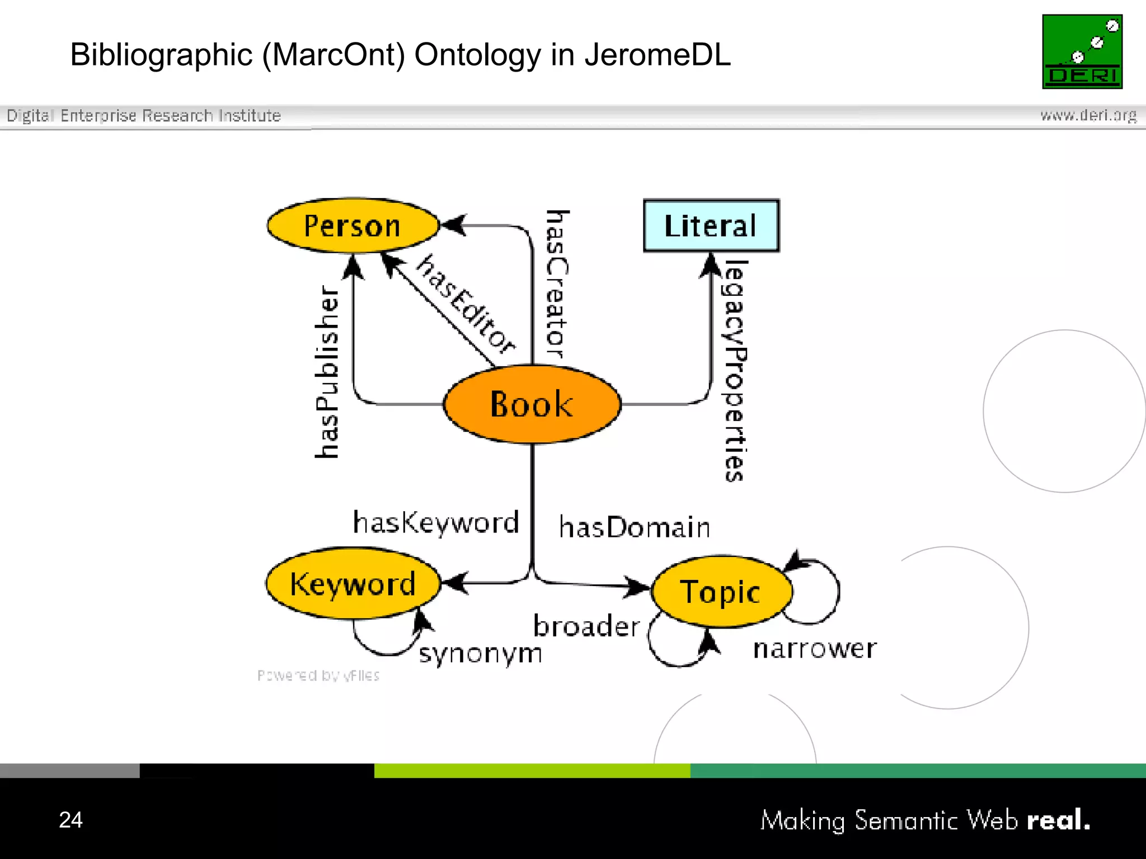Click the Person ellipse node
coord(353,225)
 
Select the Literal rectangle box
coord(711,225)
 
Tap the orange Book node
coord(532,404)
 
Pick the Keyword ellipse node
coord(353,584)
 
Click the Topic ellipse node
coord(721,592)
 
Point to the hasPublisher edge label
coord(327,372)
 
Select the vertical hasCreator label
coord(557,284)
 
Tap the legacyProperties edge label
coord(735,370)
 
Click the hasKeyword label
coord(436,522)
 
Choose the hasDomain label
coord(635,527)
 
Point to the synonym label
coord(481,653)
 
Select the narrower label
coord(815,649)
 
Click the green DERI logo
coord(1082,51)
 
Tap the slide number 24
coord(71,819)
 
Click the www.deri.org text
coord(1088,115)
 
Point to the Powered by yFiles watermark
coord(318,676)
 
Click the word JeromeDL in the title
coord(657,55)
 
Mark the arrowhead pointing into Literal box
coord(711,264)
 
